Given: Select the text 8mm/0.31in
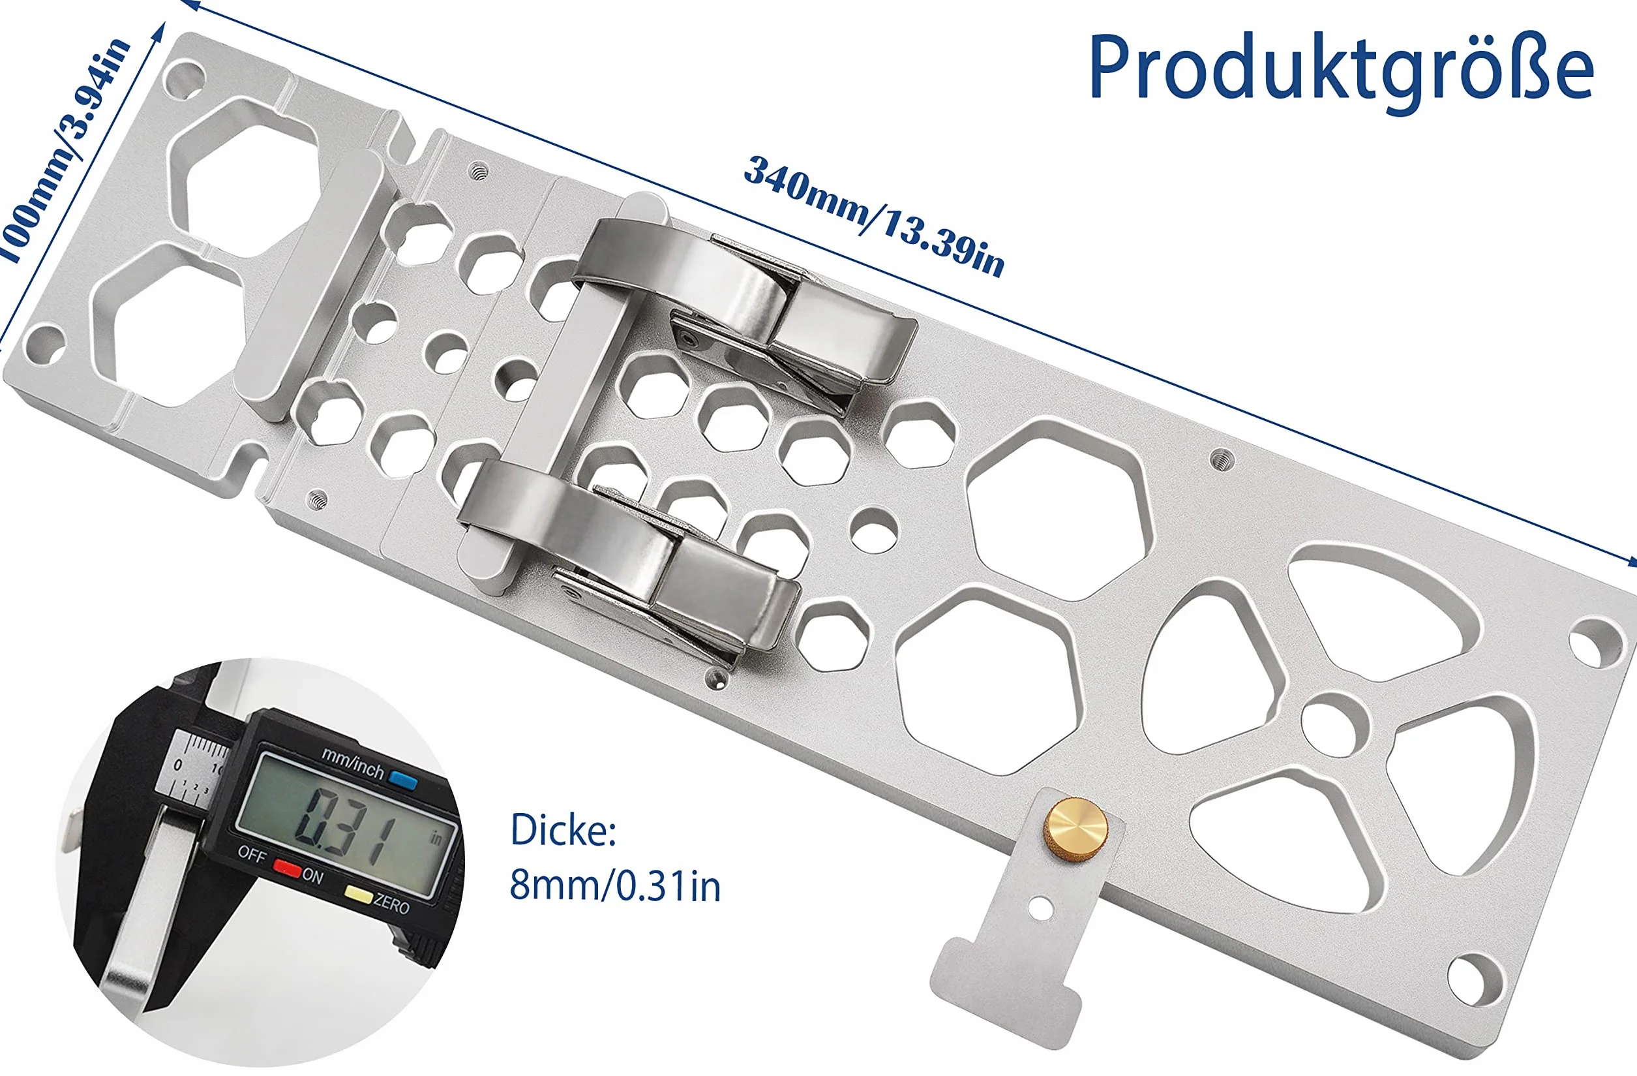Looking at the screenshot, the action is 615,885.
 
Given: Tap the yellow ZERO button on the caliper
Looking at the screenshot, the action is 357,895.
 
